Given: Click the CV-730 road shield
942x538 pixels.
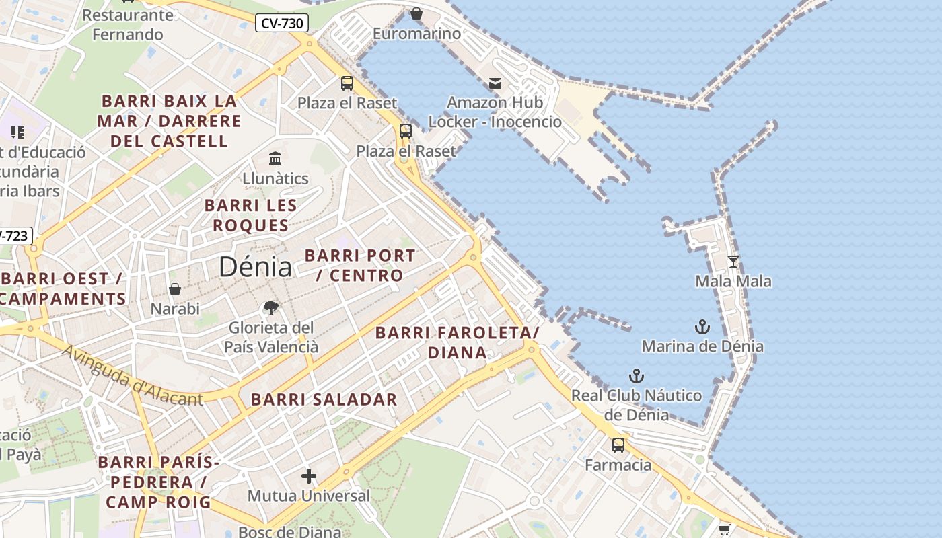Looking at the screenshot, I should click(282, 24).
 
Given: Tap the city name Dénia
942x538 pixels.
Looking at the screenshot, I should click(255, 267).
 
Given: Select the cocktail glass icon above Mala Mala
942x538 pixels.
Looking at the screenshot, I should click(733, 261).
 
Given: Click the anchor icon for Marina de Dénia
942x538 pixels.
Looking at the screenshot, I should click(702, 328).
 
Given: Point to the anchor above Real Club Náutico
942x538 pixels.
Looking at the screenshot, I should click(636, 376).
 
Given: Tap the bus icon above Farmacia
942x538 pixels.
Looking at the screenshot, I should click(618, 445).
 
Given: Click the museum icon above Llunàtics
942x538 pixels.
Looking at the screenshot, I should click(275, 159).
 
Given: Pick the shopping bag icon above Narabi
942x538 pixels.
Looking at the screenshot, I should click(175, 289).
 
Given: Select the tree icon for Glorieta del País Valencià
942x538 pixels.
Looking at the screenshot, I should click(271, 308).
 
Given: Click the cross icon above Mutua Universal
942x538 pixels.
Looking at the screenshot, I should click(309, 476).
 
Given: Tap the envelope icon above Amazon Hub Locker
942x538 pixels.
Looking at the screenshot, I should click(495, 83).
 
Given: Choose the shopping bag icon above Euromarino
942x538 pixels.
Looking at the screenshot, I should click(416, 13).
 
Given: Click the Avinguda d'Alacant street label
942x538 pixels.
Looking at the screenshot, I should click(133, 375).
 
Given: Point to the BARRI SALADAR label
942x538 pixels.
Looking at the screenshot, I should click(324, 399).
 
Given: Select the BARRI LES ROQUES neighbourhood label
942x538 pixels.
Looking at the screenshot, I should click(251, 215).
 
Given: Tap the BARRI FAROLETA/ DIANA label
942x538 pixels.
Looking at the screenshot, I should click(458, 342).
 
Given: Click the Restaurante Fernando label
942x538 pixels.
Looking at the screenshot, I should click(128, 24).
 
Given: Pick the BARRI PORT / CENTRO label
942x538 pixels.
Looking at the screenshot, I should click(360, 265).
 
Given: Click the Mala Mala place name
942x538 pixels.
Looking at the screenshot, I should click(733, 281).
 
